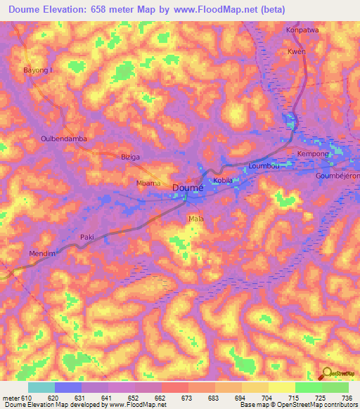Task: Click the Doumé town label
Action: click(188, 188)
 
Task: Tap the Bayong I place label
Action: click(38, 71)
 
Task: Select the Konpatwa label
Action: click(302, 30)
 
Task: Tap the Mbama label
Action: click(148, 183)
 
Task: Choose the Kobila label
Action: click(223, 181)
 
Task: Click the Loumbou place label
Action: click(264, 167)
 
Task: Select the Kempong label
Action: click(314, 153)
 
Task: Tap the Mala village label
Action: click(195, 219)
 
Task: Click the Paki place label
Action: click(87, 237)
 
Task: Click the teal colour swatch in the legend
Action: click(41, 387)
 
